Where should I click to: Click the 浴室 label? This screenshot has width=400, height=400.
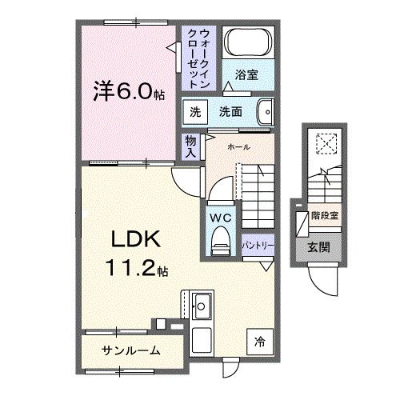tap(246, 76)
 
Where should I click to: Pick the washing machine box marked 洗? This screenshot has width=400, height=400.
tap(194, 113)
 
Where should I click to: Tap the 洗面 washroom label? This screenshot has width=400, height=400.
tap(231, 113)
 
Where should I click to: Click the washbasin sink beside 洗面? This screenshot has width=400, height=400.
tap(266, 113)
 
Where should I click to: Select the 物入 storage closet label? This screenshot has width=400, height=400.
tap(190, 146)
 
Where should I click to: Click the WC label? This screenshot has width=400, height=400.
tap(220, 216)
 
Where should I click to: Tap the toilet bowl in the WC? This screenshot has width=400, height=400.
tap(219, 241)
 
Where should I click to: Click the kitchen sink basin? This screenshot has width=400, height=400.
tap(201, 306)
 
